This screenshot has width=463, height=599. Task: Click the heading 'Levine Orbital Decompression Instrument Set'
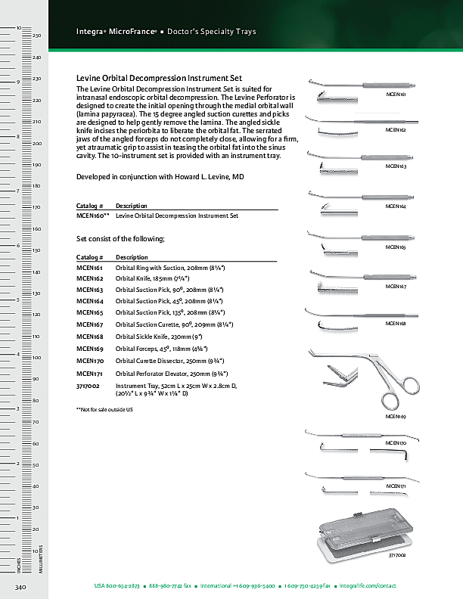(x=159, y=78)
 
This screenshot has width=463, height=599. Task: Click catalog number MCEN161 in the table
(x=89, y=268)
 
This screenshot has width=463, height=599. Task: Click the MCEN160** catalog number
(x=93, y=216)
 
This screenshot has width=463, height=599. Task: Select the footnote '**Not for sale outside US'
(x=104, y=409)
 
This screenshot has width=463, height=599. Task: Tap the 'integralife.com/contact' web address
(x=368, y=586)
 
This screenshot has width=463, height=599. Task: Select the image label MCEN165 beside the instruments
(x=396, y=247)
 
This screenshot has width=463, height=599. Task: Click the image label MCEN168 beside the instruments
(x=396, y=323)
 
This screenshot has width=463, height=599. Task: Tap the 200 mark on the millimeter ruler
(x=36, y=143)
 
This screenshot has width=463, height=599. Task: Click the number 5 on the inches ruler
(x=17, y=300)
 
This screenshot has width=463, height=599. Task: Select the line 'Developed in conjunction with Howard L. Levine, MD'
(x=160, y=176)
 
